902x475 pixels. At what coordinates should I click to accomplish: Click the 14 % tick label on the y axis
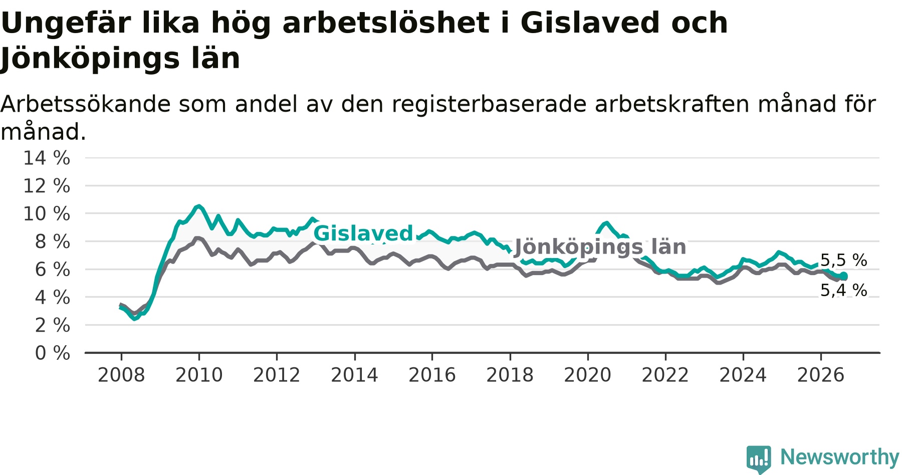pos(47,158)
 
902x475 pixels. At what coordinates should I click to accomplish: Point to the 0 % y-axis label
pos(53,353)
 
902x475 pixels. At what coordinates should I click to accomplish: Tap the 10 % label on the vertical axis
pos(47,214)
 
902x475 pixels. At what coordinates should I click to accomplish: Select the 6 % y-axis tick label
pos(53,270)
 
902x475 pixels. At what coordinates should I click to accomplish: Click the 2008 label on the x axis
pos(121,375)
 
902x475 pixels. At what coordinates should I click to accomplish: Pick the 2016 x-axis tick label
pos(432,375)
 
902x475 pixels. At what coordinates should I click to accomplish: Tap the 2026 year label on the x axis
pos(821,375)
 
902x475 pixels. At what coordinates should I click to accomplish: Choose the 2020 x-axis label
pos(588,375)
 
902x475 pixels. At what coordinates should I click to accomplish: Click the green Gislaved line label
pos(363,233)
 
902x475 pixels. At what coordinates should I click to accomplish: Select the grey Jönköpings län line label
pos(600,247)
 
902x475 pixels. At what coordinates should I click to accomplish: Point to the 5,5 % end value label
pos(843,261)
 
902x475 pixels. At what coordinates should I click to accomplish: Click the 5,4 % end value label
pos(843,290)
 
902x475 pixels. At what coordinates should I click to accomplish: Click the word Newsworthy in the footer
pos(840,457)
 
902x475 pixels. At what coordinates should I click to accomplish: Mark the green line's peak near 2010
pos(199,206)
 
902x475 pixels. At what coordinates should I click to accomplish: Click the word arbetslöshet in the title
pos(386,23)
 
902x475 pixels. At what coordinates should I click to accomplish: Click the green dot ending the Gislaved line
pos(844,276)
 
